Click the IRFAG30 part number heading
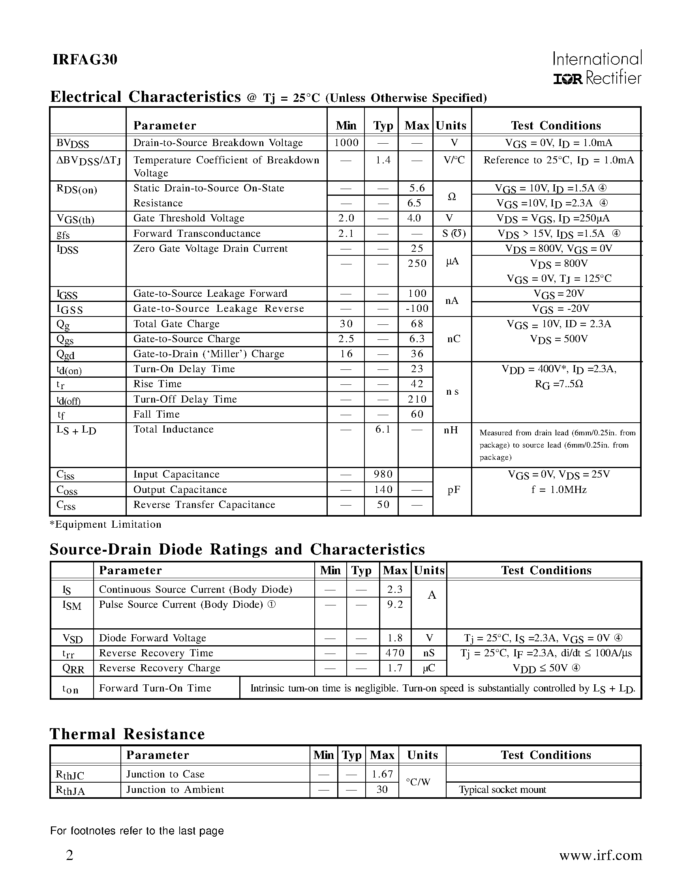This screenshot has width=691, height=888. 84,60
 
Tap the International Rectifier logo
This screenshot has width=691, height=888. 597,68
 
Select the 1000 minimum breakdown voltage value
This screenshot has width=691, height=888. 346,143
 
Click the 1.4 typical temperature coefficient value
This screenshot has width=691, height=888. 382,160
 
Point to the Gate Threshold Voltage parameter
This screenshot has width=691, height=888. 189,218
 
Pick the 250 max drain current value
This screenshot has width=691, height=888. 417,264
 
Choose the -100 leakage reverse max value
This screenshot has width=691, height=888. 417,309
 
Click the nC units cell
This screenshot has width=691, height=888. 453,339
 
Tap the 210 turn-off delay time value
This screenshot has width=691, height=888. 417,399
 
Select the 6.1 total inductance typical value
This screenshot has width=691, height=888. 382,429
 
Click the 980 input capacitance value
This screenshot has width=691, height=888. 382,474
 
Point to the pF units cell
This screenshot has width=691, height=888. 453,490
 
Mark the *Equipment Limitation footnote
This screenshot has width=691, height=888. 106,525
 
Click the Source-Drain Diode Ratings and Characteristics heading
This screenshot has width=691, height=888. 237,549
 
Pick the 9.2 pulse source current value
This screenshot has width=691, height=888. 394,605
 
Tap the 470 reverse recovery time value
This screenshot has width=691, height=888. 394,653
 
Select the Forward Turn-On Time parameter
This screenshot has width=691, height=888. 155,688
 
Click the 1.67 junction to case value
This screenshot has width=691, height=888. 382,774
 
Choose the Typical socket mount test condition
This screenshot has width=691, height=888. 502,790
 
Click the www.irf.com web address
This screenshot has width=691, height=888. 600,856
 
